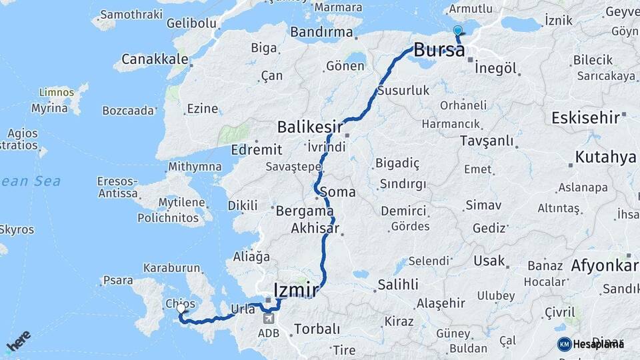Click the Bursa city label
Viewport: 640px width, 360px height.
pos(439,49)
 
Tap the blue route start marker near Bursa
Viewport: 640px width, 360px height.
pos(457,31)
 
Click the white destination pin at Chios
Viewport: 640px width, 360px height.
pos(181,309)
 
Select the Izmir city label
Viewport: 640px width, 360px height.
pos(296,289)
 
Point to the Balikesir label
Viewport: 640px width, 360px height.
pos(310,127)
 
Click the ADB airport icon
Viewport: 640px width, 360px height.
pos(268,315)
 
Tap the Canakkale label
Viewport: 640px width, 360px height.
pos(151,59)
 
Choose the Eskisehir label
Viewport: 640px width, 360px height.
pos(586,119)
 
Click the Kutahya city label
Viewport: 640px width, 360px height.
pos(605,157)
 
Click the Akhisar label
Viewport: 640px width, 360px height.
pos(315,229)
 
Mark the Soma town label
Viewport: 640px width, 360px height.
pos(337,192)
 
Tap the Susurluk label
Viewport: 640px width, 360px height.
pos(403,90)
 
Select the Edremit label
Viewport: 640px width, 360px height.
pos(257,149)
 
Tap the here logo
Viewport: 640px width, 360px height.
pos(18,341)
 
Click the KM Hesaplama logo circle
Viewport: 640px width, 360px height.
pos(564,344)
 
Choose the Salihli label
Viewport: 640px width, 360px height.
pos(397,285)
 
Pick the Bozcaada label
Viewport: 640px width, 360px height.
pos(128,110)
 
